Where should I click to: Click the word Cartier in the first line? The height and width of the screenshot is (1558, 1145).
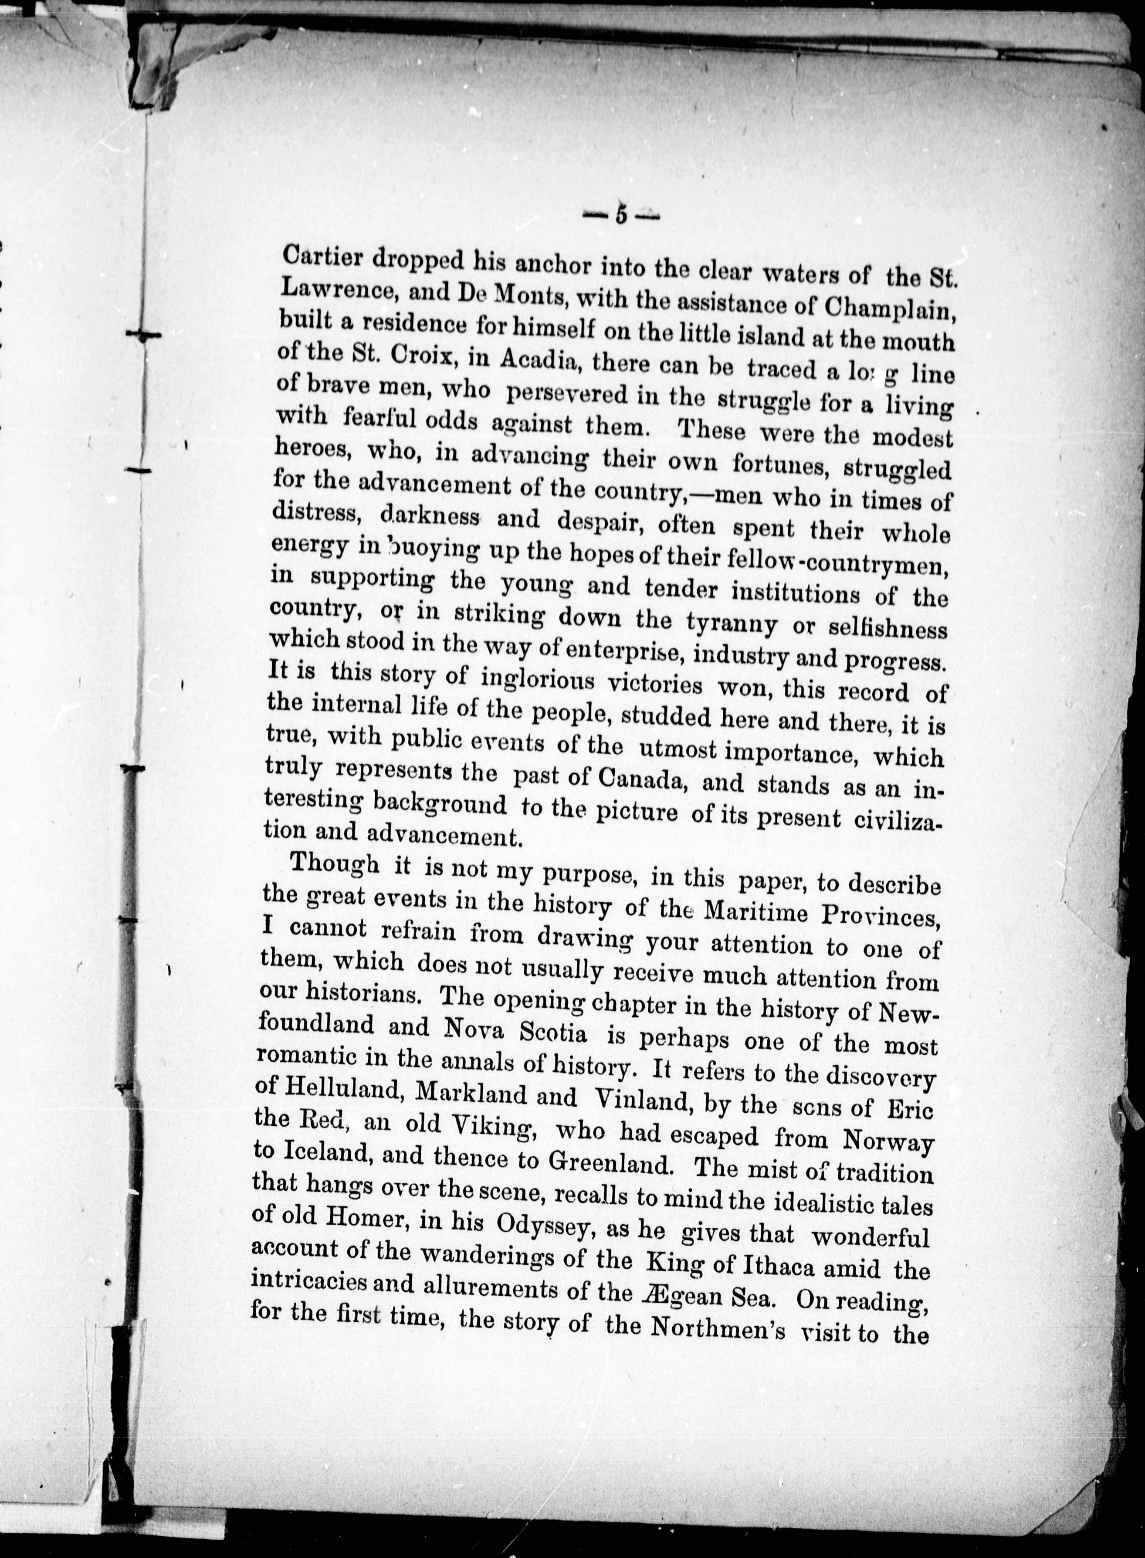[x=323, y=258]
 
